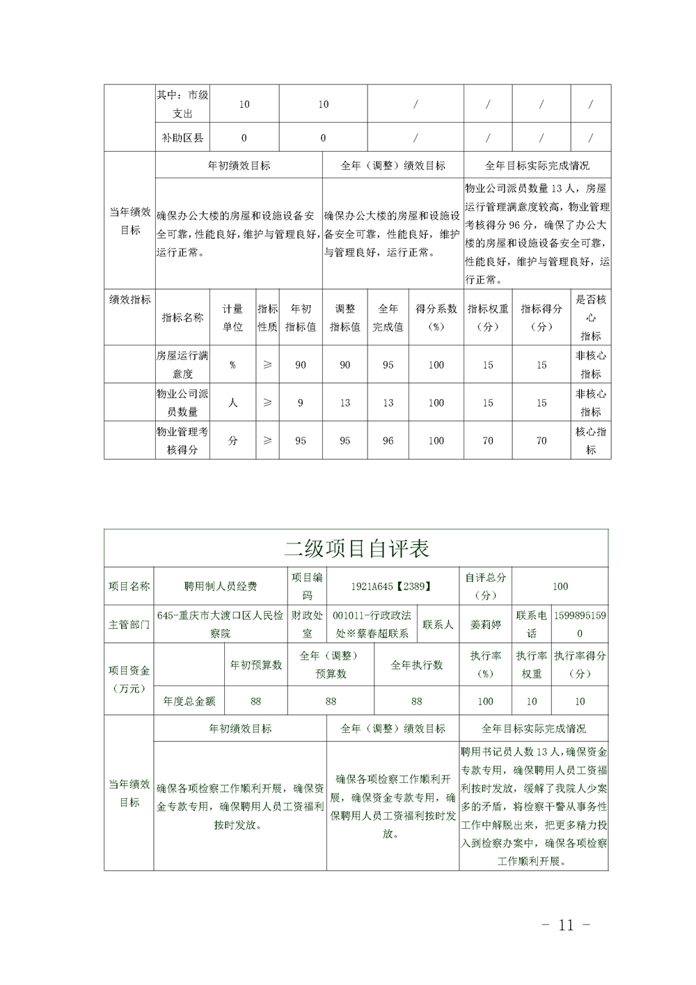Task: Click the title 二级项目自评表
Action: click(356, 549)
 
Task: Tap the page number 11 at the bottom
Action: click(566, 925)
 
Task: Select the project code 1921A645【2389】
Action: click(391, 587)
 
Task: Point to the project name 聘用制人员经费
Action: click(221, 587)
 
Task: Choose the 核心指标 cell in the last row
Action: click(590, 440)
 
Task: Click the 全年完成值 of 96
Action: click(388, 440)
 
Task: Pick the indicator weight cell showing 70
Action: click(488, 440)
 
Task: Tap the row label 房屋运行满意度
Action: click(182, 364)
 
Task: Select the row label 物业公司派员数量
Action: click(182, 403)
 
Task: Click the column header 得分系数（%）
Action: click(436, 318)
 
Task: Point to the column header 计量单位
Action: click(232, 318)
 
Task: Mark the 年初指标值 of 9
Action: click(300, 403)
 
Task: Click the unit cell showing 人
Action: click(232, 403)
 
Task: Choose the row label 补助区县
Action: click(182, 138)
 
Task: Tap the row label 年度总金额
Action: click(189, 701)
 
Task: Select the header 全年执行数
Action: click(416, 665)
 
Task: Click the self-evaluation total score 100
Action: click(560, 587)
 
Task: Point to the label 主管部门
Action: click(129, 625)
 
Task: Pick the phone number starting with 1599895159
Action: click(580, 625)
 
